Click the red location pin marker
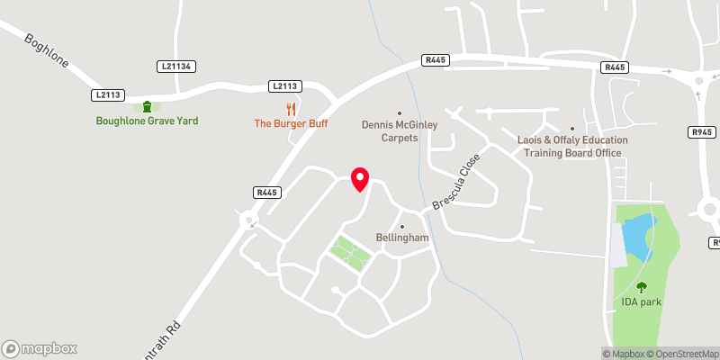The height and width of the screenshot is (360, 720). coord(360,179)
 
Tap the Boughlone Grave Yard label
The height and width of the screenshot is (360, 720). coord(148,121)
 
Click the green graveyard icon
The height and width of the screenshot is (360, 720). coord(148,107)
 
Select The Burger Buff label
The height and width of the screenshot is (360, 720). coord(291,123)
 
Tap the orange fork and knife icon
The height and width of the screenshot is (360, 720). coord(291,109)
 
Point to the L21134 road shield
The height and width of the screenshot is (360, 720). coord(176,67)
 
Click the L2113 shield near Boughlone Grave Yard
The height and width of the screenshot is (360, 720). coord(108,94)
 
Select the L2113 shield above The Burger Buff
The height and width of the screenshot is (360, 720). coord(284,86)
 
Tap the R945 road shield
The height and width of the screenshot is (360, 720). coord(701,132)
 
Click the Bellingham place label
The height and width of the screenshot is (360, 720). coord(401,238)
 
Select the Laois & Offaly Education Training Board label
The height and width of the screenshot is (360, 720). coord(571,147)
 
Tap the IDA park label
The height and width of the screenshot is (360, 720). coord(641,301)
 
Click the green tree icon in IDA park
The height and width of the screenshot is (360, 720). coord(641,288)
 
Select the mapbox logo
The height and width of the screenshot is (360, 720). coord(40,348)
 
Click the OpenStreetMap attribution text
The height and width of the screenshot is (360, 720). coord(681,353)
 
